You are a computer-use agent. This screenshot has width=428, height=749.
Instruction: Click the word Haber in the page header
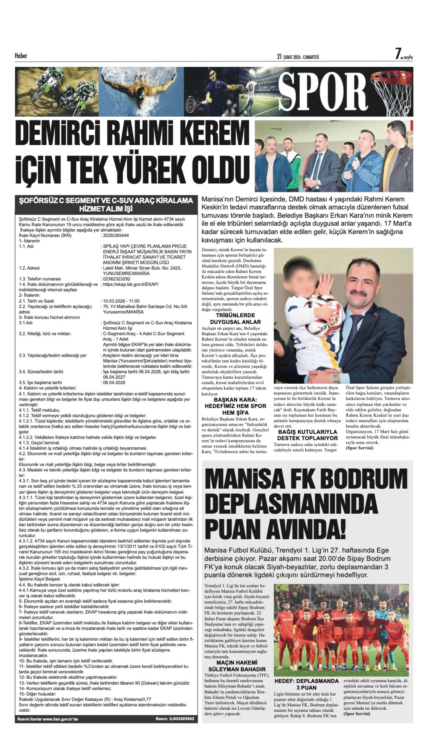click(x=21, y=56)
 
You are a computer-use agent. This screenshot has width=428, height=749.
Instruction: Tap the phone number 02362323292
click(x=116, y=279)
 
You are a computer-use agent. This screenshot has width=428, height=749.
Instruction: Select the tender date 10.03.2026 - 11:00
click(x=121, y=301)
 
